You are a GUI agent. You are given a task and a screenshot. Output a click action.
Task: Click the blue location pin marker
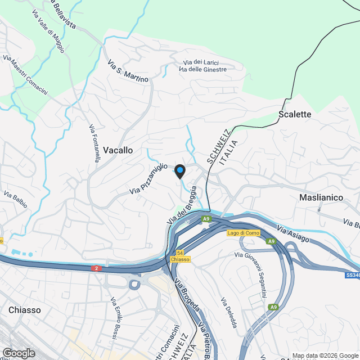tap(179, 172)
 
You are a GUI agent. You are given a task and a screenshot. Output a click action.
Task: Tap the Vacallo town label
tap(118, 150)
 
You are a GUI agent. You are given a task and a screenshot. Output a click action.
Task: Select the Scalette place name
tap(295, 114)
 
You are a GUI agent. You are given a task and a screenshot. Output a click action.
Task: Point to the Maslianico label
tap(321, 198)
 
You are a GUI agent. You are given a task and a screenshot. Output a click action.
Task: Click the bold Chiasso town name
tap(25, 310)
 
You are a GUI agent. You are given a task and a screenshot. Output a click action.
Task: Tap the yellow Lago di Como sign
tap(243, 233)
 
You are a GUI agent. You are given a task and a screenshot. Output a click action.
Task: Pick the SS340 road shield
tap(352, 275)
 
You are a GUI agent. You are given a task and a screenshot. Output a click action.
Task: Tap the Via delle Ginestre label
tap(202, 69)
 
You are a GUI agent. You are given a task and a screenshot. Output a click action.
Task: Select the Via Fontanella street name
tap(94, 143)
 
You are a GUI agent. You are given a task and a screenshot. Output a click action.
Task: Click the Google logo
tap(18, 353)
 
